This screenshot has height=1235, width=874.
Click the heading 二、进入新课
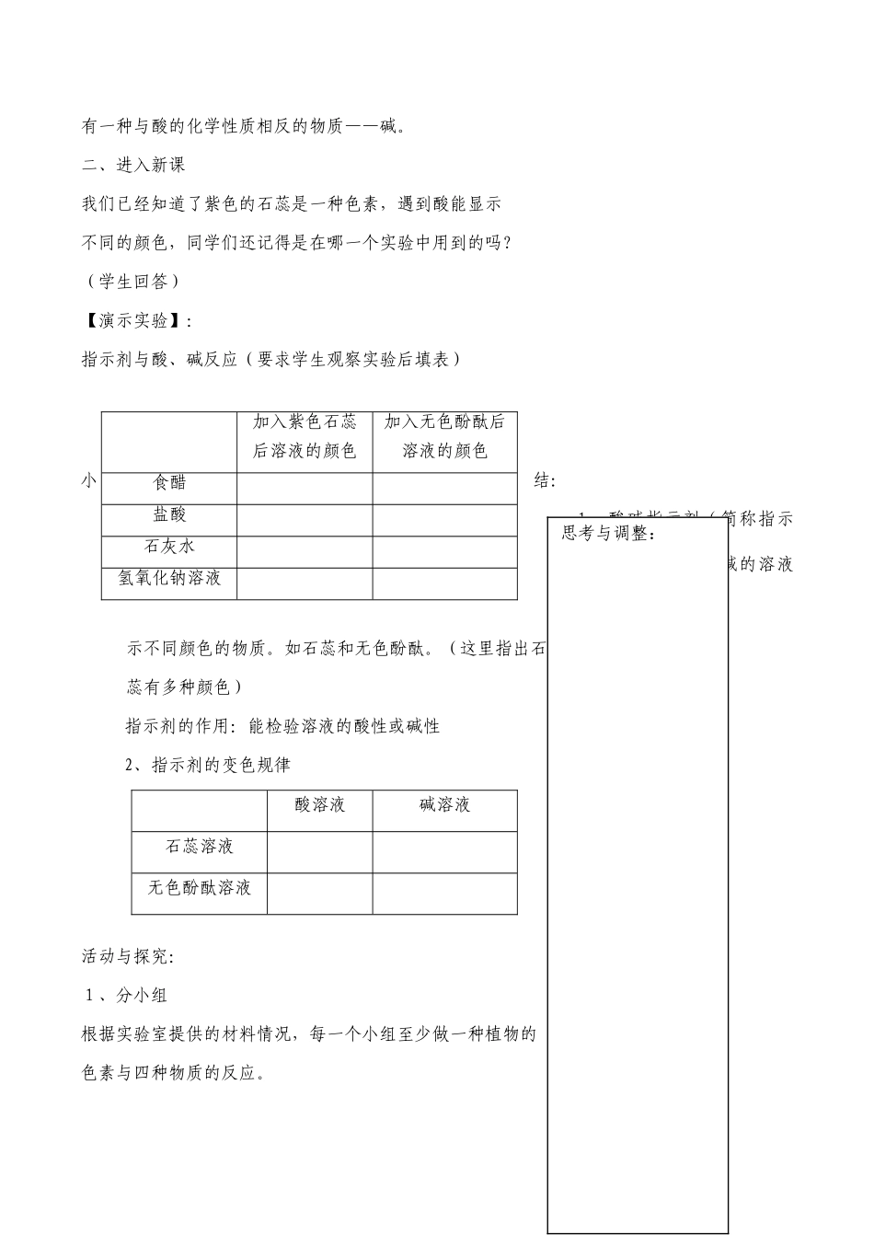coord(133,165)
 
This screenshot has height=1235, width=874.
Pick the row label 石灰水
coord(170,547)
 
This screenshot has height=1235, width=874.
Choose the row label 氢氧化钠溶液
coord(170,578)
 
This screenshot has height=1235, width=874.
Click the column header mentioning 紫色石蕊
coord(305,437)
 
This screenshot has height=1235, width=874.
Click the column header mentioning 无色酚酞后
coord(445,437)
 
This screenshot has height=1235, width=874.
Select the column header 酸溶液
coord(320,805)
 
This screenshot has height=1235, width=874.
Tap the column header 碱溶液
coord(445,805)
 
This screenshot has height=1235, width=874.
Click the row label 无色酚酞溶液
coord(200,888)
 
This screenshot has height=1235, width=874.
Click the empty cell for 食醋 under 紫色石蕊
coord(305,489)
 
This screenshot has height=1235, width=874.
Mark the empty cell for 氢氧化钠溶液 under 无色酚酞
coord(445,583)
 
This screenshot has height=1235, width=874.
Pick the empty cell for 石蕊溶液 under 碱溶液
coord(445,852)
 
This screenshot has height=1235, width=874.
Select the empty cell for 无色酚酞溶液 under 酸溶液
coord(320,894)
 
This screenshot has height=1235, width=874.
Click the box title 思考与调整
coord(608,535)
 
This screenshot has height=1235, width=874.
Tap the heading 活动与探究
coord(128,956)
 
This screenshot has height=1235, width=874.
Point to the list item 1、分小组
coord(126,995)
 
